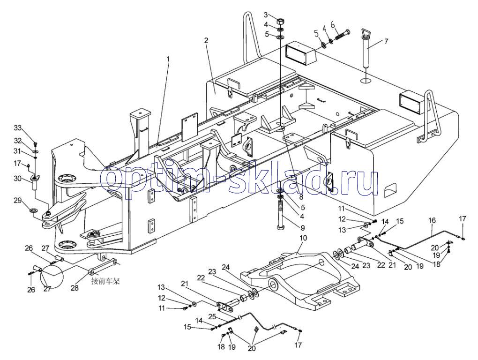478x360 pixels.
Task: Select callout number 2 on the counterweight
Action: click(x=206, y=40)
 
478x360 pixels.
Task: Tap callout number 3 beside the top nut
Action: click(x=266, y=15)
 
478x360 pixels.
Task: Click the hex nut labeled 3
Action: click(x=281, y=22)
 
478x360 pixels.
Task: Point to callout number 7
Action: click(x=386, y=41)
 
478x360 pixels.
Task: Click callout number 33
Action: click(x=18, y=127)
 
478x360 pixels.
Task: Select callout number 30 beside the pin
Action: click(x=18, y=178)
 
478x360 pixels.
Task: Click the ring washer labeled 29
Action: click(x=33, y=210)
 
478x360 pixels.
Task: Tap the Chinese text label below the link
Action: click(x=106, y=281)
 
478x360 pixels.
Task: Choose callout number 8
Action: click(x=301, y=197)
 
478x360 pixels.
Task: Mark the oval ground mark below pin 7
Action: click(x=366, y=81)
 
